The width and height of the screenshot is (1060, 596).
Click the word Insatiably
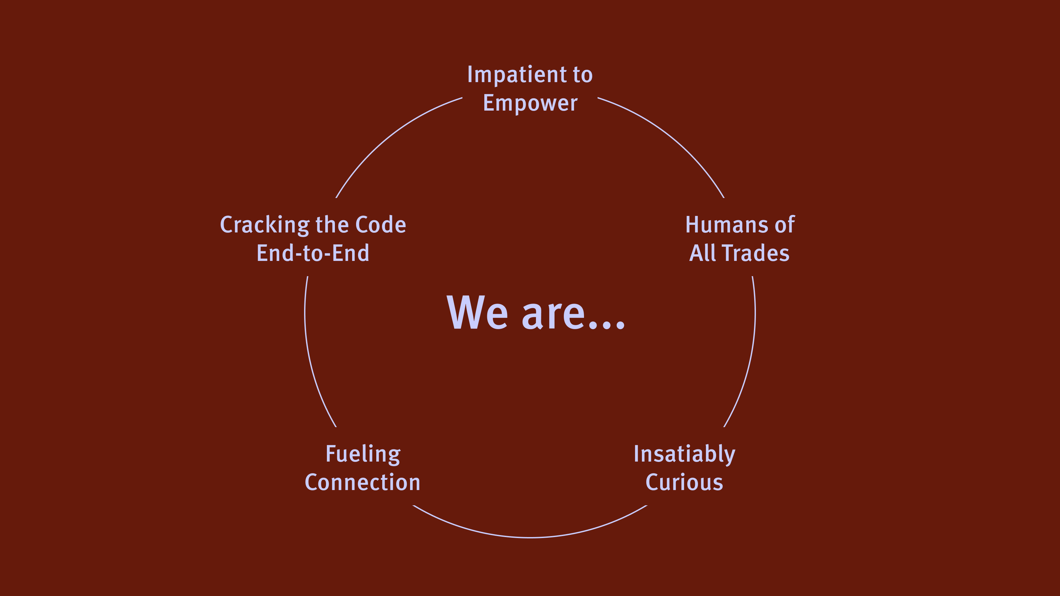tap(684, 455)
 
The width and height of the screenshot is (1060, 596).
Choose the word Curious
tap(684, 482)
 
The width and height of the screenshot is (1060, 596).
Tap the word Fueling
tap(363, 455)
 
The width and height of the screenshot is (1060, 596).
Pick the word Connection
tap(362, 482)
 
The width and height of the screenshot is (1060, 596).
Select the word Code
tap(381, 225)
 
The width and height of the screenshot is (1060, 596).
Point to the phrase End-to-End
tap(313, 253)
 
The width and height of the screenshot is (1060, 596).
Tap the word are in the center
tap(554, 316)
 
